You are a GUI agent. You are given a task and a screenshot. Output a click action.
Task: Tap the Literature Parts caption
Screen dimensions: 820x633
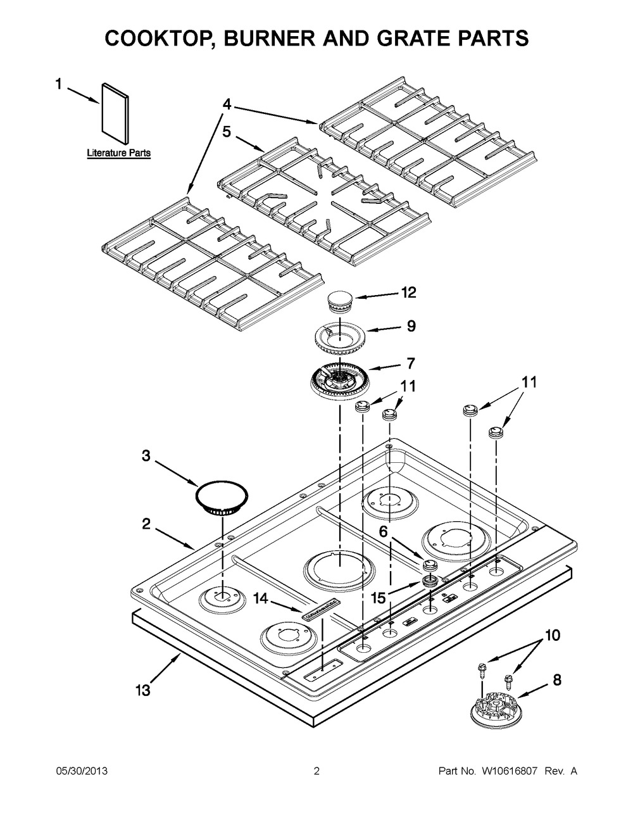click(118, 153)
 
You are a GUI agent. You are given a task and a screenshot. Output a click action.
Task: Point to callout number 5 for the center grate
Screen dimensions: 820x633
click(227, 132)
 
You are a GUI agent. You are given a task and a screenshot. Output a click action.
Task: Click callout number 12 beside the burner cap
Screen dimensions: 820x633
click(408, 293)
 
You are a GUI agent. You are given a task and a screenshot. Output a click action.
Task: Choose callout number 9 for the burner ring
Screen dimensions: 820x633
click(411, 327)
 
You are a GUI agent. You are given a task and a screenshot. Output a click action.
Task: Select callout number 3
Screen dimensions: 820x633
click(146, 456)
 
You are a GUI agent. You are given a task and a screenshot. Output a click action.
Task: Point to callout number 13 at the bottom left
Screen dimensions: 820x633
click(143, 690)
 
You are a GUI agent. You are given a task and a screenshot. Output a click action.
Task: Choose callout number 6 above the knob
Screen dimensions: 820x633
click(384, 532)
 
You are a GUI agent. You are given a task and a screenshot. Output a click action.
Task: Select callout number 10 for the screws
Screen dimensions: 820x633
click(552, 635)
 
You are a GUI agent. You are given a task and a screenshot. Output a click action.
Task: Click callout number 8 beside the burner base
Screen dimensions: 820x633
click(556, 681)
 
